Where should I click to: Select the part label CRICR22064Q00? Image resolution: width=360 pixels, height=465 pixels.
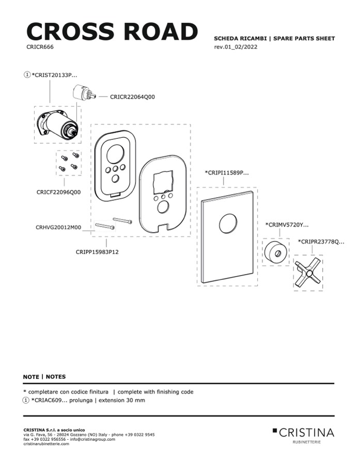point(132,97)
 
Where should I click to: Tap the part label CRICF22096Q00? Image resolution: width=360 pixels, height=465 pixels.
point(58,192)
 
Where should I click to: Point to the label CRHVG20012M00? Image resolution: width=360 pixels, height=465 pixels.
point(58,227)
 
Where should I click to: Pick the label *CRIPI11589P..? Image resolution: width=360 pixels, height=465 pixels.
point(227,173)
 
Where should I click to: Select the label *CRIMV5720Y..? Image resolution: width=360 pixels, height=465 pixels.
point(287,225)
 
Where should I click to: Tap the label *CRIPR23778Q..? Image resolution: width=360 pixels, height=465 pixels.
point(321,242)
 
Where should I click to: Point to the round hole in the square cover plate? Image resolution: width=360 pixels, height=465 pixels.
point(228,225)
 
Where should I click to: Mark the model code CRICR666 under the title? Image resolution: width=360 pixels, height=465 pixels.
point(40,46)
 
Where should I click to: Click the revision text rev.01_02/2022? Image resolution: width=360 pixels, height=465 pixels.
point(236,47)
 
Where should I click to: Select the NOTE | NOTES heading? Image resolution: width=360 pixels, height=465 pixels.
point(44,377)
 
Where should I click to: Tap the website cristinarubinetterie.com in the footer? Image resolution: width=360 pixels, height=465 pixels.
point(46,444)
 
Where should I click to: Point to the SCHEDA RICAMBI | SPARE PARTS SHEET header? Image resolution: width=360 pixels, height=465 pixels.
point(274,39)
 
